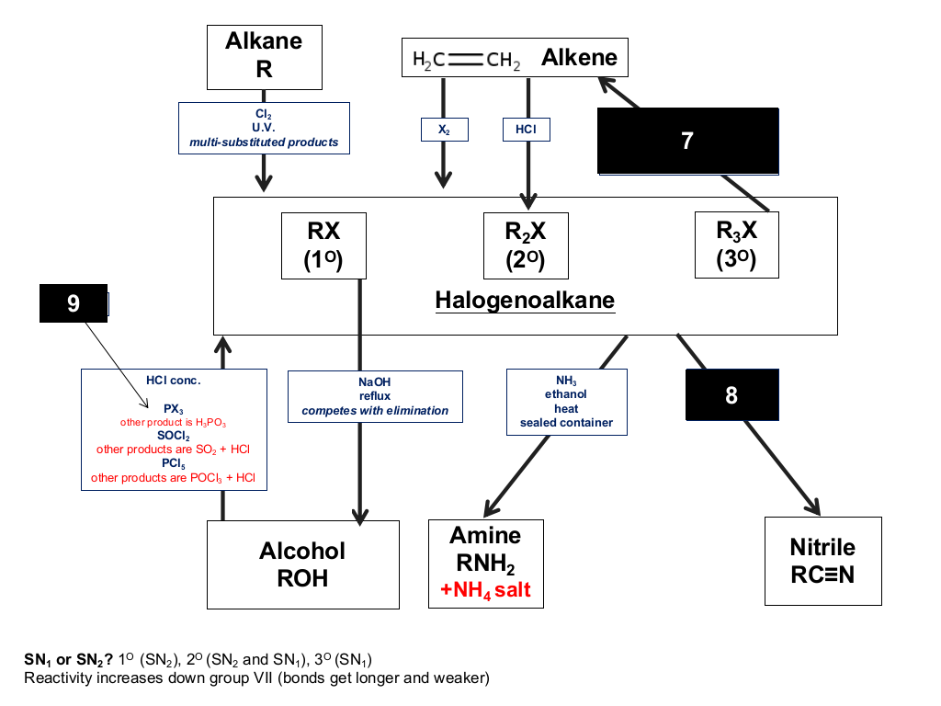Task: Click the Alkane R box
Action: pos(264,57)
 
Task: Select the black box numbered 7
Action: pos(687,141)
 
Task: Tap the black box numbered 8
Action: pos(732,394)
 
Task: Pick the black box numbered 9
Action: pos(74,303)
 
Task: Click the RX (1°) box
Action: pos(323,245)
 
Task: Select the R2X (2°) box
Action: pos(526,245)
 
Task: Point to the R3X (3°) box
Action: pos(736,245)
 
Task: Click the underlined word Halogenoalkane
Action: pos(525,301)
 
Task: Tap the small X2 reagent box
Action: pos(444,130)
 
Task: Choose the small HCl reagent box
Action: pos(527,129)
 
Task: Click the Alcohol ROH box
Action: pos(303,564)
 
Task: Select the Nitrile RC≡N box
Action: pos(822,561)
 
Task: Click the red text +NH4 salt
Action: pos(485,590)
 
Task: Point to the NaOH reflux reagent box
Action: pos(375,396)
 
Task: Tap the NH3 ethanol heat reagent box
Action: pos(566,402)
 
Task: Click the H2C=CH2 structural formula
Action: pos(466,60)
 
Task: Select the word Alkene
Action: pos(579,58)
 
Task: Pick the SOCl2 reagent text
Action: pos(174,436)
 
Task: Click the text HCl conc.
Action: pos(174,380)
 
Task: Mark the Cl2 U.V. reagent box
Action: pos(264,128)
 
